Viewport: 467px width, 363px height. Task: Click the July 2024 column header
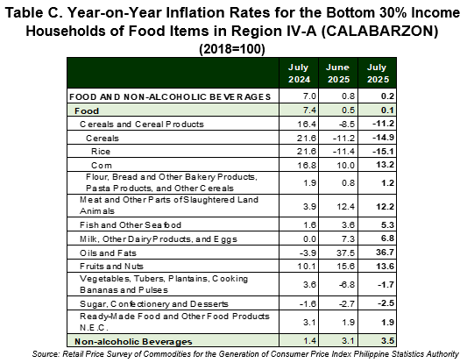click(299, 73)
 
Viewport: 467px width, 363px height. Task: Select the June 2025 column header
click(338, 73)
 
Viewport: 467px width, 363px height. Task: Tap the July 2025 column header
click(378, 73)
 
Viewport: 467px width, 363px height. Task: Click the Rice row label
click(101, 152)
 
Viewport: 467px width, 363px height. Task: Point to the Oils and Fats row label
click(108, 253)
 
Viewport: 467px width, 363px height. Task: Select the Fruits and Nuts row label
click(111, 267)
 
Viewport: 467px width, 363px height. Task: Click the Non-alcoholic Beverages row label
click(133, 342)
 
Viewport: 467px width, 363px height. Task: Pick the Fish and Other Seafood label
click(131, 225)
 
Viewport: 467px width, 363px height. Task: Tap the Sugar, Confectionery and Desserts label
click(154, 304)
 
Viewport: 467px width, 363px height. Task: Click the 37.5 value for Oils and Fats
click(345, 253)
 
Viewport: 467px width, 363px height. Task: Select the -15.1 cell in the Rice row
click(383, 152)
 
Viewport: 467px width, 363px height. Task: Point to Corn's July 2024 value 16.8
click(306, 165)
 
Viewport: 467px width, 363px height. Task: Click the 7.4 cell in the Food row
click(310, 110)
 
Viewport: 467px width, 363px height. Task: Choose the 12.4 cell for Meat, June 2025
click(345, 206)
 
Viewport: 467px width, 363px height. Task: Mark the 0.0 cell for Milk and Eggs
click(310, 239)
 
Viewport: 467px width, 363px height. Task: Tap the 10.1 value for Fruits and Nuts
click(306, 267)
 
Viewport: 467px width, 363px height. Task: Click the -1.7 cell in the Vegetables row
click(386, 285)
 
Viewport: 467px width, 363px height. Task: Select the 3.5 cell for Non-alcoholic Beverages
click(388, 341)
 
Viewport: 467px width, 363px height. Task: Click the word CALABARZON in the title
click(379, 31)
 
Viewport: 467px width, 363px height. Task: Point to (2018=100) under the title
click(231, 49)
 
